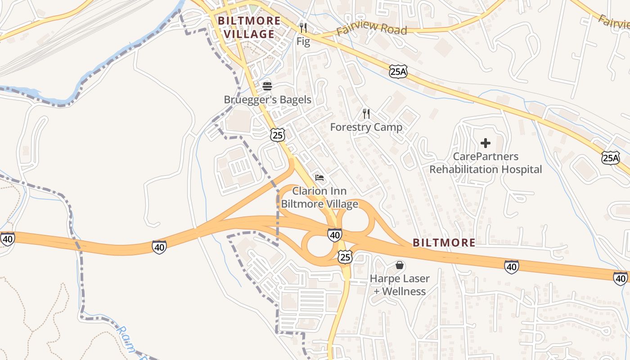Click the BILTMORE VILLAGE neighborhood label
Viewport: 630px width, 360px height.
[x=249, y=27]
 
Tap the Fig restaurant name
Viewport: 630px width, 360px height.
[x=303, y=42]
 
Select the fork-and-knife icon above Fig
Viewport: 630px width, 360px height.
[x=303, y=28]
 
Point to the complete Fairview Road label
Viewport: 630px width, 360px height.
[x=372, y=30]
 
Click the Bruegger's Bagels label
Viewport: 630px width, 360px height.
[x=268, y=99]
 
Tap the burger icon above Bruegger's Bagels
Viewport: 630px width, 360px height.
[x=267, y=85]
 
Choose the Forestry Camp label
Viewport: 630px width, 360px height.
[x=366, y=127]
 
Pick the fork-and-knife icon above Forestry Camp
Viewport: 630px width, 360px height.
[x=366, y=113]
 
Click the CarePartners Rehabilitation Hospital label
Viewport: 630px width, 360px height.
[x=486, y=163]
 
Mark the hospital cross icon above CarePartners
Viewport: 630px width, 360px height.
[x=486, y=144]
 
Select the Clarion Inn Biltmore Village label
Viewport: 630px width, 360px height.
[x=319, y=198]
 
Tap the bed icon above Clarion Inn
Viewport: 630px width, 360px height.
[x=319, y=178]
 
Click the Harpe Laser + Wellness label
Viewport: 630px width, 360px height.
[x=400, y=285]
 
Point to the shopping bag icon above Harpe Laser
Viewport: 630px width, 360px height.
[x=400, y=265]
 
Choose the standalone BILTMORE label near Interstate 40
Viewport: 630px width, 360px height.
[x=444, y=243]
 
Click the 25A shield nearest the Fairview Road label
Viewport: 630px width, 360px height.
[x=398, y=72]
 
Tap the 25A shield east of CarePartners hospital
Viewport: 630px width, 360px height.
[x=611, y=157]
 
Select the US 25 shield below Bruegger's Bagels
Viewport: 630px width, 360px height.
[x=278, y=135]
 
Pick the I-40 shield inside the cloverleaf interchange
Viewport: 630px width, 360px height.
[x=334, y=235]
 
